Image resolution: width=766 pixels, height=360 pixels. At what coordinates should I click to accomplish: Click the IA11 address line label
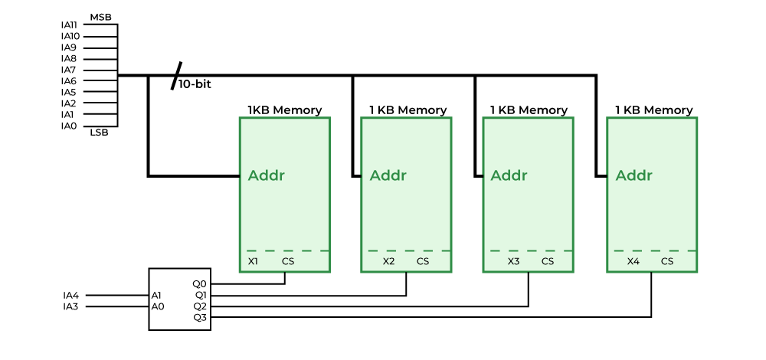tap(70, 25)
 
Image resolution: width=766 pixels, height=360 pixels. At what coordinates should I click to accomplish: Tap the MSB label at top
tap(100, 16)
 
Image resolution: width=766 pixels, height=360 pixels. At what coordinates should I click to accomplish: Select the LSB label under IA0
tap(100, 133)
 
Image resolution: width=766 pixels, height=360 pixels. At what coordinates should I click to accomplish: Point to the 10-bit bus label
tap(195, 85)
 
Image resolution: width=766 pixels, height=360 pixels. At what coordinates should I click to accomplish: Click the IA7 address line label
tap(69, 70)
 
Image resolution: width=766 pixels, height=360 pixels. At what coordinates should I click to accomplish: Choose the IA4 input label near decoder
tap(70, 295)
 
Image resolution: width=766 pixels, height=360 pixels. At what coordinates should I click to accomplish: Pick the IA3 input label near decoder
tap(70, 306)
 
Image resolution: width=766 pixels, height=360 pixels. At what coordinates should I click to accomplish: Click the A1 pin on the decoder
tap(157, 295)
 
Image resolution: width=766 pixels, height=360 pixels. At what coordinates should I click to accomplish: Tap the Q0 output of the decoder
tap(199, 283)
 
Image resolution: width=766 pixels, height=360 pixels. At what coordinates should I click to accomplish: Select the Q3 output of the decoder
tap(199, 317)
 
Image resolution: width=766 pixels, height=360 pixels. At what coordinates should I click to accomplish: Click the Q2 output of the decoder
tap(199, 306)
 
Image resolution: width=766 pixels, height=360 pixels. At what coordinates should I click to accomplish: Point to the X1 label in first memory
tap(254, 261)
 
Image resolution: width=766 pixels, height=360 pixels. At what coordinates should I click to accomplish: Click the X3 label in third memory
tap(513, 261)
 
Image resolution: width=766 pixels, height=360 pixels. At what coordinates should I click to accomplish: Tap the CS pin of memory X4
tap(667, 261)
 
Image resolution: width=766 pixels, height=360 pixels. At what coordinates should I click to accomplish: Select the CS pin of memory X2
tap(423, 261)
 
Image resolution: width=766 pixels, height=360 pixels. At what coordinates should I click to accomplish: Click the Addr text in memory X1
tap(266, 175)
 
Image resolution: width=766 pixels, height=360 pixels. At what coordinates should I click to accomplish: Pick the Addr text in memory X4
tap(634, 175)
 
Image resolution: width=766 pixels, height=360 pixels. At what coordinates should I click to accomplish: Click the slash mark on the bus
tap(177, 75)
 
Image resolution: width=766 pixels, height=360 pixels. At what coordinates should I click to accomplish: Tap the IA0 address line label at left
tap(69, 126)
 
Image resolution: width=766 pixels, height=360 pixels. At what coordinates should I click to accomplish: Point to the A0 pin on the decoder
tap(157, 306)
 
